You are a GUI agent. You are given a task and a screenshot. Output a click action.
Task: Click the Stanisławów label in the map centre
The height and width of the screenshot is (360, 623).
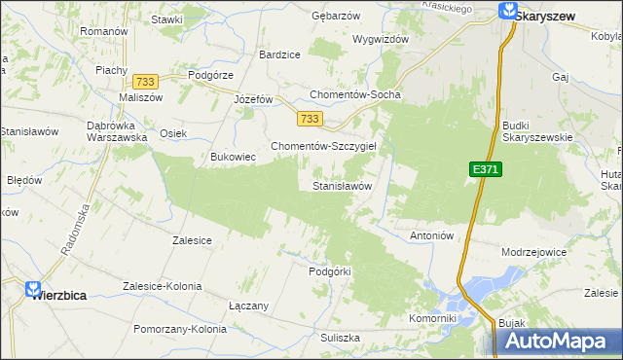point(342,185)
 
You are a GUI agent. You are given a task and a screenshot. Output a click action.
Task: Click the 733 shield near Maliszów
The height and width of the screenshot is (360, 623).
point(147,83)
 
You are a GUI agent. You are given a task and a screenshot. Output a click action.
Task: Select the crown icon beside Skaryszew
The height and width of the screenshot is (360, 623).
point(507,12)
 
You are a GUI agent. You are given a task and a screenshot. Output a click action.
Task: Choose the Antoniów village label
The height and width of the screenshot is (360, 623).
point(432,235)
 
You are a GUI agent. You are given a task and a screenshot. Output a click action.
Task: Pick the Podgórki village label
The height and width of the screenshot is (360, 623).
point(329,271)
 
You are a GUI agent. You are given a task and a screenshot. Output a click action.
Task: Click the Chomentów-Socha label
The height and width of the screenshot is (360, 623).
point(355,95)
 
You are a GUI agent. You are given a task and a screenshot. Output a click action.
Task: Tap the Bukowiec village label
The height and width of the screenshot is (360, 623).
point(233,156)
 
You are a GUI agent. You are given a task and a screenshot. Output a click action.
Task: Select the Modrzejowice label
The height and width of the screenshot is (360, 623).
point(533,251)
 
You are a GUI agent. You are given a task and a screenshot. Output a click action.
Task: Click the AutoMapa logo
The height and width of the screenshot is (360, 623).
point(559,341)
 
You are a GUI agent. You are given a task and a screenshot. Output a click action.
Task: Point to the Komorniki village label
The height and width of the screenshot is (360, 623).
point(433,318)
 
